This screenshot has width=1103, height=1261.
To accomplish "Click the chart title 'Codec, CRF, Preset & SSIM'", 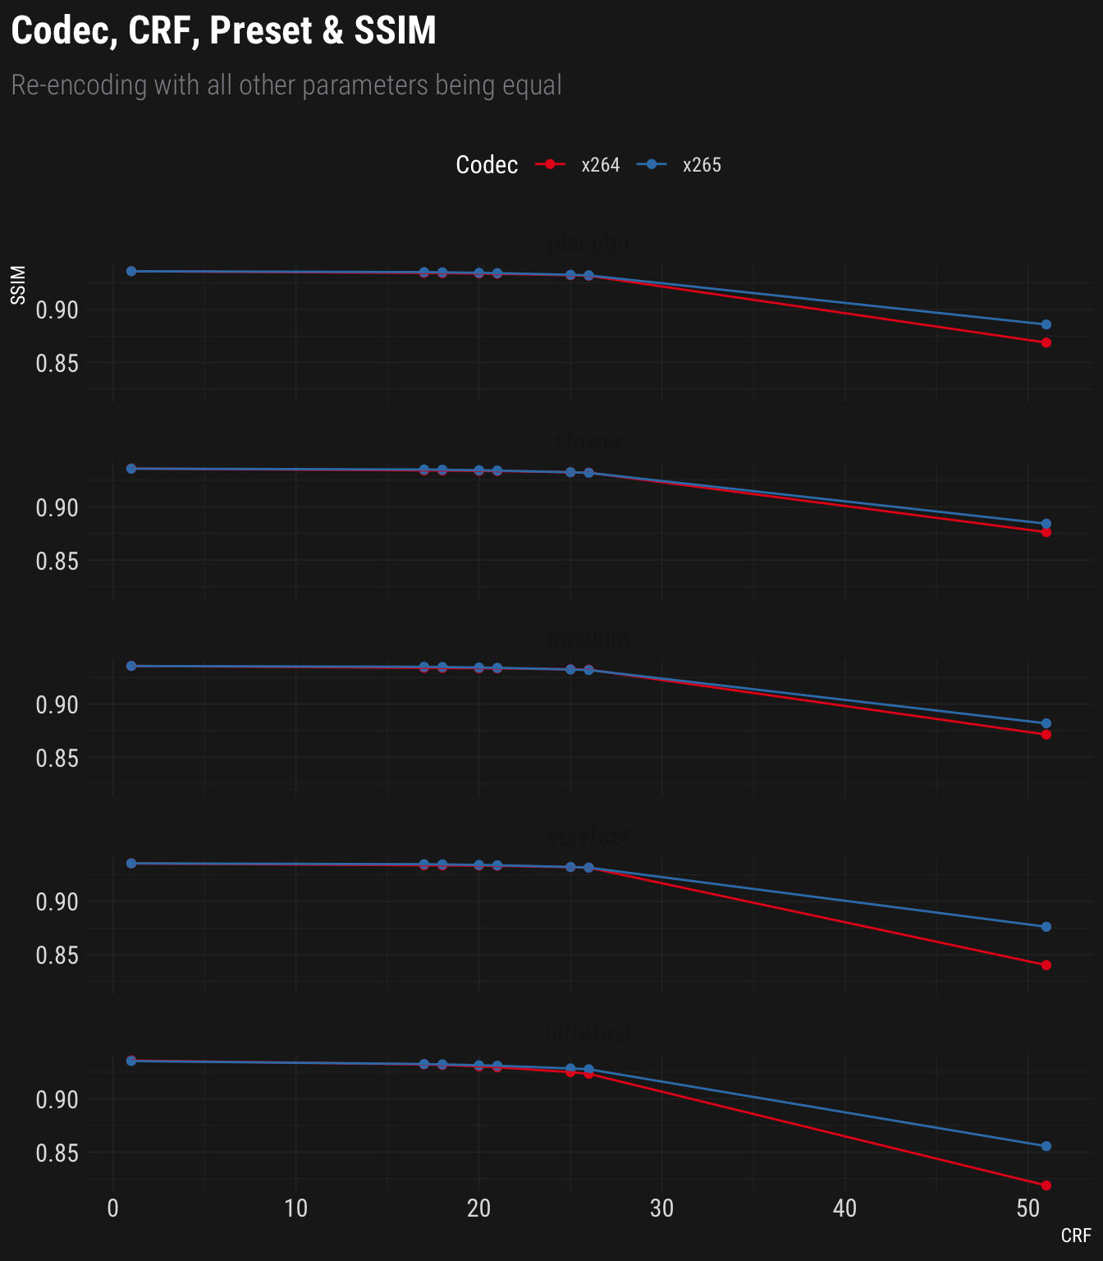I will [x=223, y=31].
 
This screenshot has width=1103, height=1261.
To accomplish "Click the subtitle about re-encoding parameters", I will [x=286, y=85].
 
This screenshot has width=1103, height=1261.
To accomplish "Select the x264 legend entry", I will [x=600, y=165].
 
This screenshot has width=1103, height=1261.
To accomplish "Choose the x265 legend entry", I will [x=701, y=165].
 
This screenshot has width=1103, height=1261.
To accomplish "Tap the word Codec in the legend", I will [x=487, y=165].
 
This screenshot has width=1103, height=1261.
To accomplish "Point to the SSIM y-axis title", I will [x=18, y=285].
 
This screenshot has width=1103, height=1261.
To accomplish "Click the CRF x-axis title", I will [x=1075, y=1236].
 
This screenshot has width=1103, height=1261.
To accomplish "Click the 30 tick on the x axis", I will [x=661, y=1208].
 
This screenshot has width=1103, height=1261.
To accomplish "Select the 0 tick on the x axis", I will [x=113, y=1208].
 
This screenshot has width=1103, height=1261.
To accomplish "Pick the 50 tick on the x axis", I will [x=1027, y=1208].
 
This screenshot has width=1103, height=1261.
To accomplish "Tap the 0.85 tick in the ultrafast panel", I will [x=57, y=1153].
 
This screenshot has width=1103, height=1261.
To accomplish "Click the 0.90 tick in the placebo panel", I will [x=57, y=310].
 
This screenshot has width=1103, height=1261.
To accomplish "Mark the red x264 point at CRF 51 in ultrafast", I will [x=1046, y=1185].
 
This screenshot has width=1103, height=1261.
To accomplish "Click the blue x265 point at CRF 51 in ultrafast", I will [x=1046, y=1146].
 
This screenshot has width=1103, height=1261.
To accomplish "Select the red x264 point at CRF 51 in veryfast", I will [x=1046, y=965].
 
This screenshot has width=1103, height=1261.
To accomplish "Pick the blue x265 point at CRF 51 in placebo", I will [x=1046, y=324].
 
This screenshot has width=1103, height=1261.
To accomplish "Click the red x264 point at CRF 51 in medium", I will [x=1046, y=735].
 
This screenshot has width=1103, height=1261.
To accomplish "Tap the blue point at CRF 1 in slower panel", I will [x=131, y=469].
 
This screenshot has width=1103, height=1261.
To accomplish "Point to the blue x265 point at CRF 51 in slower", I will [x=1046, y=524].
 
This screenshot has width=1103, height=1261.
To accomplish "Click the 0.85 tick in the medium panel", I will [x=57, y=759].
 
